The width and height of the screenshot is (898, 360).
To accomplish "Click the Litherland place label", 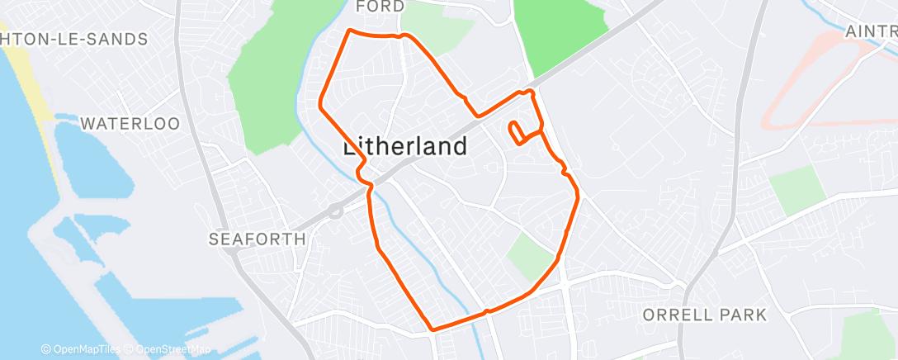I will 404,147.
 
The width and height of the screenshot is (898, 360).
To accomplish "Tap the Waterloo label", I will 130,124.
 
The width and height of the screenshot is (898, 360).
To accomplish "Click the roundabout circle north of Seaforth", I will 334,211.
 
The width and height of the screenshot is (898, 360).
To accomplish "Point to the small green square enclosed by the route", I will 530,256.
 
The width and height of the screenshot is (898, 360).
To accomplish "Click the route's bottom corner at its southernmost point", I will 432,329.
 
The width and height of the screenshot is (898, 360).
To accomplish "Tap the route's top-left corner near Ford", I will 350,31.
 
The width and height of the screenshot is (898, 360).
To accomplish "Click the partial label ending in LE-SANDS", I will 74,39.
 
